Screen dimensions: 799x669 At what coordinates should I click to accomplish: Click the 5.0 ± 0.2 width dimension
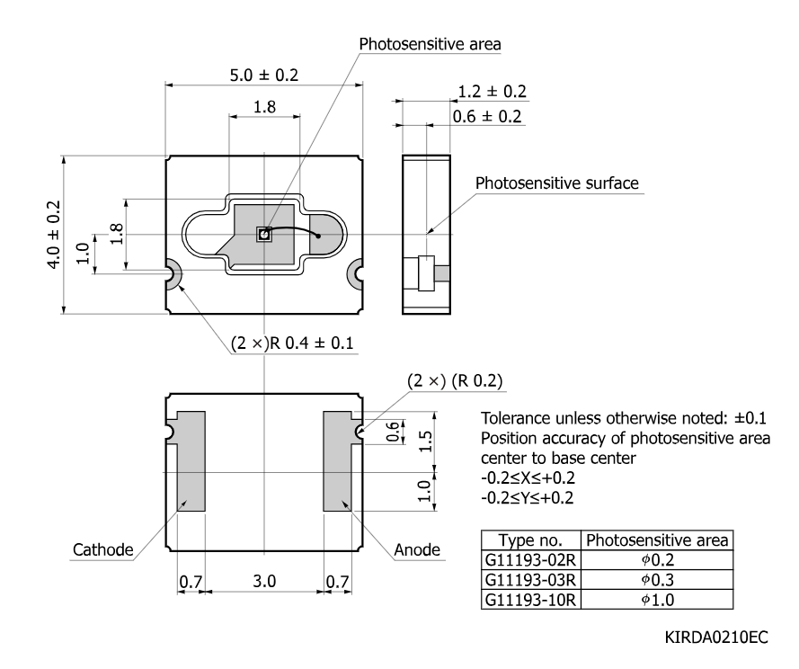264,76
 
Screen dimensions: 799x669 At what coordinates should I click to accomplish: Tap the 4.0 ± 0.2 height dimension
54,235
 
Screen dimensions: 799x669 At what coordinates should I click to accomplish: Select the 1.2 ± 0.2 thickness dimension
492,92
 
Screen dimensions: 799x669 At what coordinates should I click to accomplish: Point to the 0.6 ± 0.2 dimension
487,116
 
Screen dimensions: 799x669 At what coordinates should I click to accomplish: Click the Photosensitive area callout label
431,44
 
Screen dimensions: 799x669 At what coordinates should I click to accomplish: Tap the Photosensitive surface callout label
557,183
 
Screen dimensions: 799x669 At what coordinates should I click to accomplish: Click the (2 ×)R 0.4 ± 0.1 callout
292,343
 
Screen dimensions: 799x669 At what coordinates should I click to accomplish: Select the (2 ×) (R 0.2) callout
455,381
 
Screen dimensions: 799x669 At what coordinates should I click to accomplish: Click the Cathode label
103,549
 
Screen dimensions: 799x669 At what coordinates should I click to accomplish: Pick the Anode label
417,549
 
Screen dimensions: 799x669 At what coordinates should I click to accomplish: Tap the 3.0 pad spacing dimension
264,581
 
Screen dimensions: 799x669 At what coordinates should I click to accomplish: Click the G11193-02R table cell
530,560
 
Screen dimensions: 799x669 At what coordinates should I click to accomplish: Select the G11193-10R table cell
530,600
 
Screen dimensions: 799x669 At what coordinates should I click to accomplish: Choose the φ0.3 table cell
657,580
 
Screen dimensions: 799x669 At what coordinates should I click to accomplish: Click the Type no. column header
530,540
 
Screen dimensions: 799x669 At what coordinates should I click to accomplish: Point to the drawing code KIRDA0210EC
716,638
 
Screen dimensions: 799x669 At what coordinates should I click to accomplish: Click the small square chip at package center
263,235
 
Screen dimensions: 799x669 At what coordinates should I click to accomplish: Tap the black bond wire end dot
318,236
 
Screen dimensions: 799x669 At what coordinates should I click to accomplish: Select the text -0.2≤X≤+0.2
528,477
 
